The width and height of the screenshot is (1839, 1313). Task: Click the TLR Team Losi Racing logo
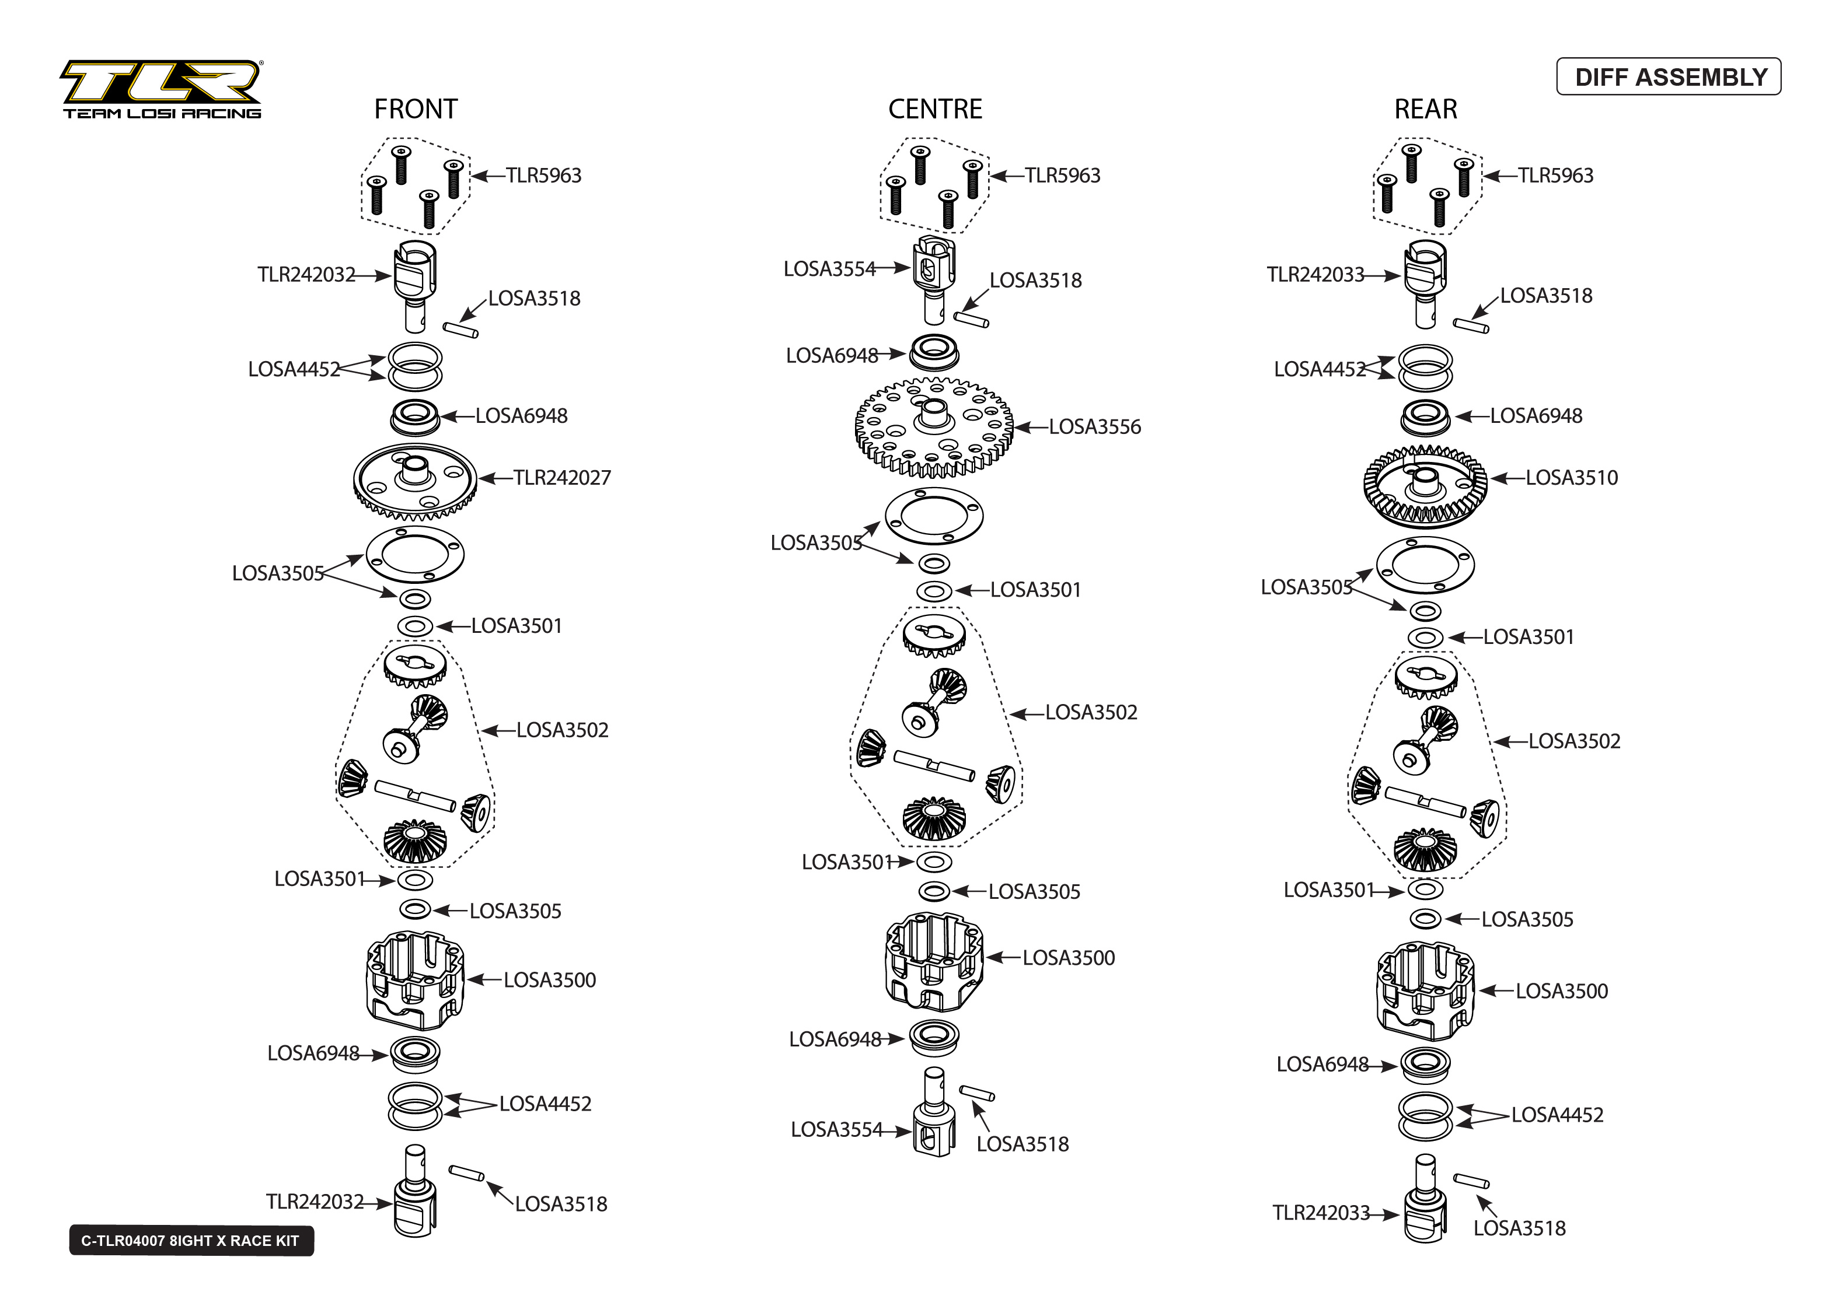point(162,89)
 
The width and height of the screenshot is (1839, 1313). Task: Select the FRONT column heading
point(415,109)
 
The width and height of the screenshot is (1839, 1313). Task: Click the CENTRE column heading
point(935,109)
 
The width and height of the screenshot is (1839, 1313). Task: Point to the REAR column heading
point(1425,109)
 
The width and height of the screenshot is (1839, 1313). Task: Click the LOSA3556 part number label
point(1094,427)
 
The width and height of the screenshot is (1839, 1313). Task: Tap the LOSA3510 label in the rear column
point(1571,478)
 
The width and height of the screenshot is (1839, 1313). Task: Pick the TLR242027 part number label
point(561,478)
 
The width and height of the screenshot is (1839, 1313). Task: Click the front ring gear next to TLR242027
point(415,482)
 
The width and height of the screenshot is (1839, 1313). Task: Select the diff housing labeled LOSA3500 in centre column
point(934,962)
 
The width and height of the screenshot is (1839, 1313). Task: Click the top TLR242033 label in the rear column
point(1315,275)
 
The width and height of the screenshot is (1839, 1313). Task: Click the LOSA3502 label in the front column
point(561,730)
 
